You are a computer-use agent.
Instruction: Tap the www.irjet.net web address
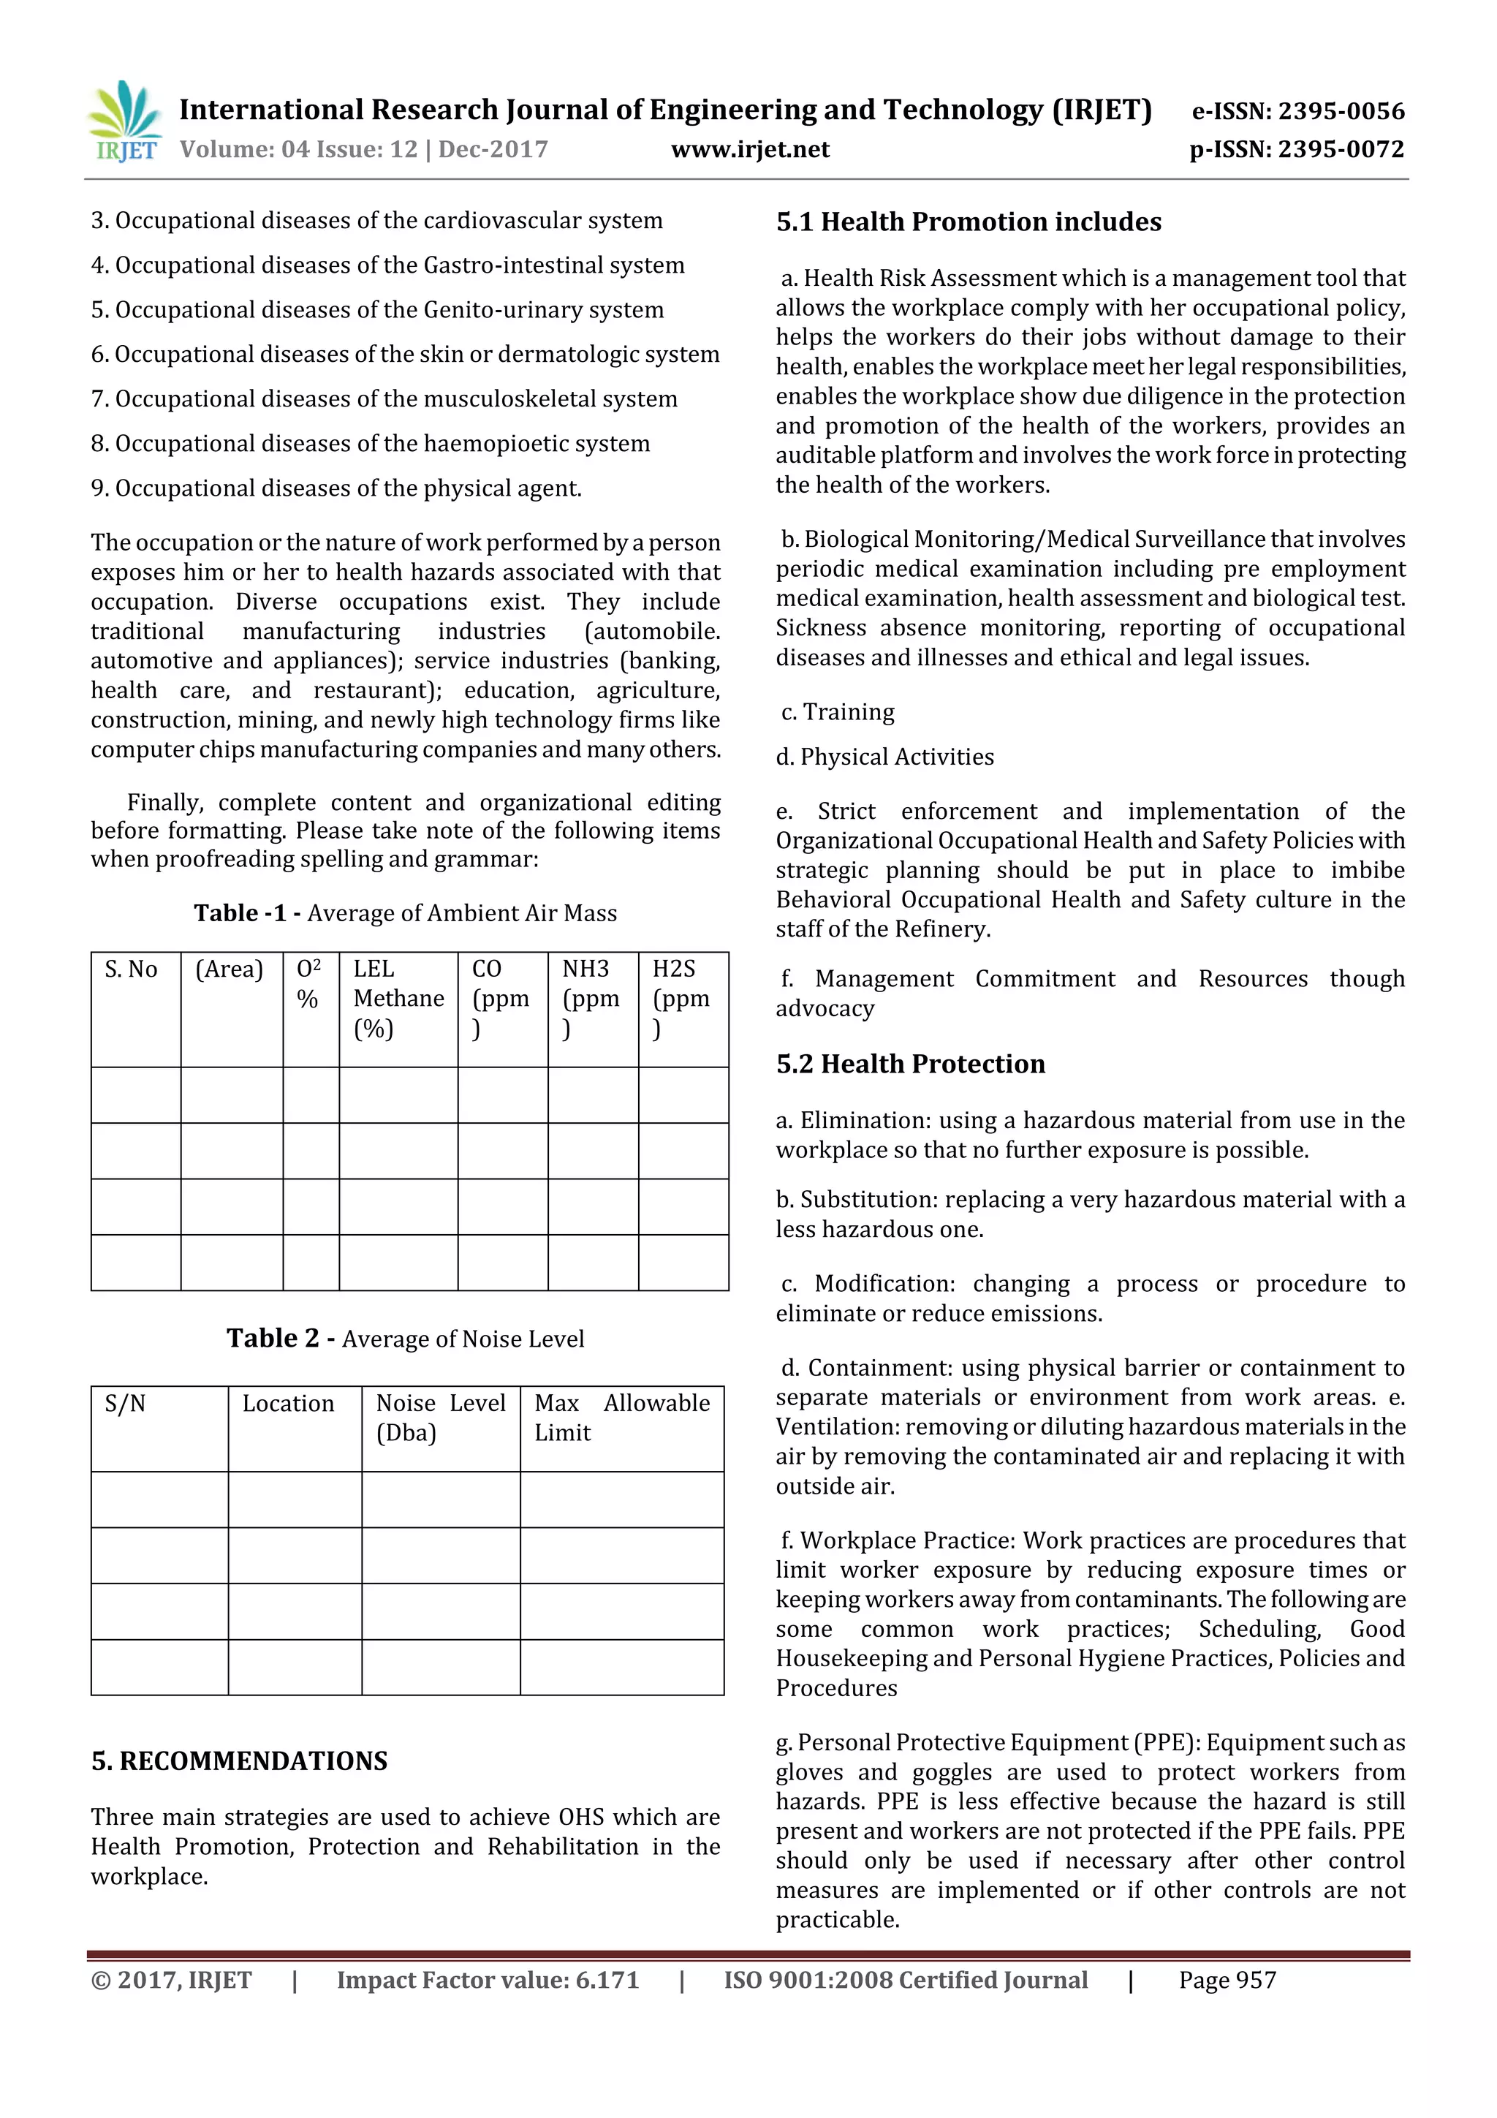coord(749,149)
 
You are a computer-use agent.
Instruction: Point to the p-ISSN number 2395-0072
coord(1341,149)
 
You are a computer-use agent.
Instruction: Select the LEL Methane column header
coord(398,997)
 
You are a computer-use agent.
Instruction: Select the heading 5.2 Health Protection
coord(909,1064)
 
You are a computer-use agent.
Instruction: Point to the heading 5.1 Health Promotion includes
coord(968,222)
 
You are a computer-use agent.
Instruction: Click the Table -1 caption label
coord(246,913)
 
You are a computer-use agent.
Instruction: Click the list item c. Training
coord(838,712)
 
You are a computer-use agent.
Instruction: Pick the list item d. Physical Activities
coord(884,757)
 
